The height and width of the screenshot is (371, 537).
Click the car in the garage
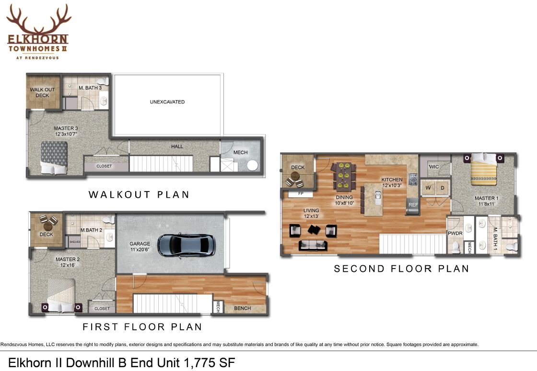pos(187,245)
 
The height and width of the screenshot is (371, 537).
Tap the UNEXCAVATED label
pos(167,102)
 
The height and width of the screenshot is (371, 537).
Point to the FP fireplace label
pos(301,193)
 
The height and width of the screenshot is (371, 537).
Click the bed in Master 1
pos(483,169)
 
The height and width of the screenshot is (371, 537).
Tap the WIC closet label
pos(433,167)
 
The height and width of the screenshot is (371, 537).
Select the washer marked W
pos(428,188)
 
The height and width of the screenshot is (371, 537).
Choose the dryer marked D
pos(442,188)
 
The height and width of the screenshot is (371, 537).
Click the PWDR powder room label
pos(455,233)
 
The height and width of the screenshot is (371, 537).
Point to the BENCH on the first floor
pos(243,308)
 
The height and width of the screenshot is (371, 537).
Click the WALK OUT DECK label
pos(42,92)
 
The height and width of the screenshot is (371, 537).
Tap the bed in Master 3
pos(54,158)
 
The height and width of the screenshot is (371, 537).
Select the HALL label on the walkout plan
pos(177,146)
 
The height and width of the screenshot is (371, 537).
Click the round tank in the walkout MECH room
pos(252,166)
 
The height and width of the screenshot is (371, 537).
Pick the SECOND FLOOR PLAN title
pos(401,269)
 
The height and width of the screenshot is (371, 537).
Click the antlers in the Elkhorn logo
pos(39,19)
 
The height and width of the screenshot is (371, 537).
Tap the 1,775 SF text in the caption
pos(209,363)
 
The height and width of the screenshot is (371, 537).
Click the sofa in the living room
pos(313,245)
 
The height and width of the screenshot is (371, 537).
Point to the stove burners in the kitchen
pos(413,179)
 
